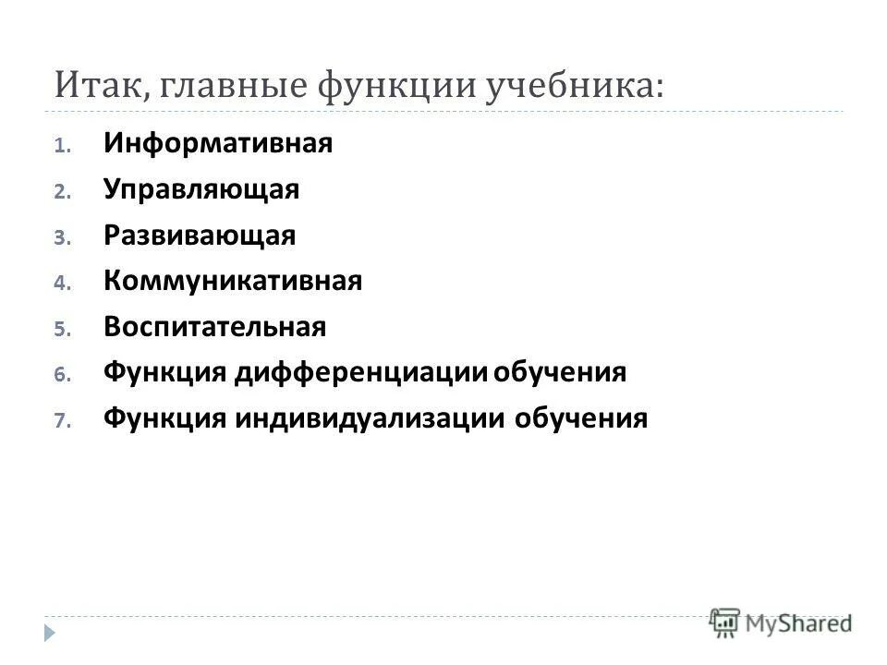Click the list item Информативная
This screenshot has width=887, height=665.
point(217,144)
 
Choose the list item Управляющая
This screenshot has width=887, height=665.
point(201,190)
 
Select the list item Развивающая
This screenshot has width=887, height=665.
point(200,236)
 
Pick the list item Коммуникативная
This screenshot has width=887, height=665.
point(233,281)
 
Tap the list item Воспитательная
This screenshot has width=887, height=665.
point(214,327)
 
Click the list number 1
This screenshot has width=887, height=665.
point(60,146)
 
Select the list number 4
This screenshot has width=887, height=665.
point(60,284)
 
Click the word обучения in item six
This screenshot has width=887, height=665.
point(560,372)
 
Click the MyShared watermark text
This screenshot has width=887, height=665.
point(798,623)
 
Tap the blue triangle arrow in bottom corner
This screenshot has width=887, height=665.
point(49,632)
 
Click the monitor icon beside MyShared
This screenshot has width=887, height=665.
point(725,623)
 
